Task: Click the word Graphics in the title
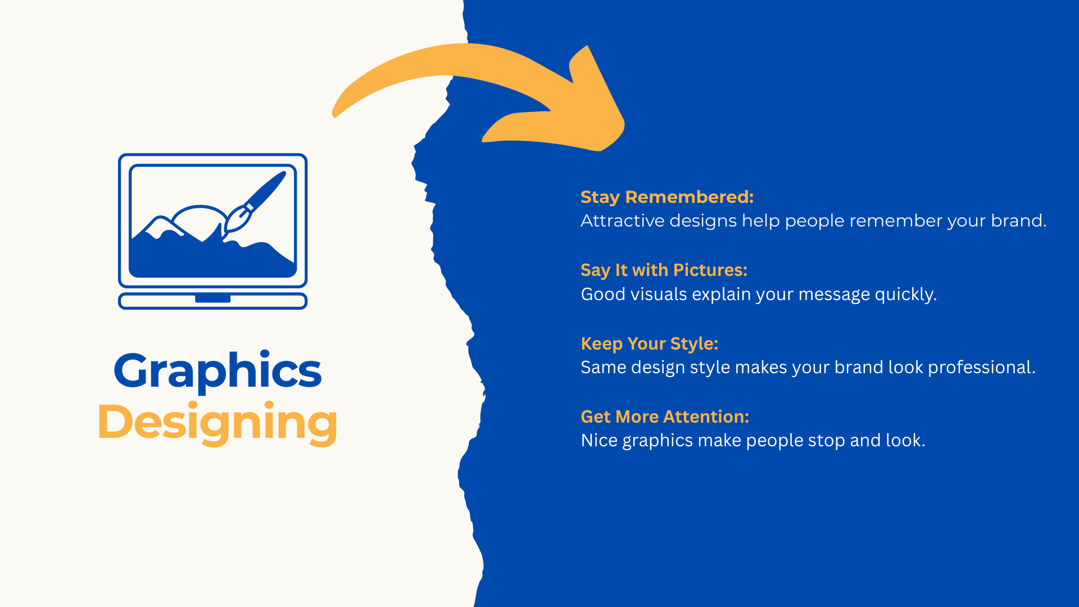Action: click(x=217, y=371)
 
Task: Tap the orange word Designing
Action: click(x=217, y=423)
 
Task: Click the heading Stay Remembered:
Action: click(x=667, y=197)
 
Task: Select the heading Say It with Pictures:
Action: click(x=664, y=270)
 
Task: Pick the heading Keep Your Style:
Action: click(x=649, y=343)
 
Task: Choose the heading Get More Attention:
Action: click(x=665, y=416)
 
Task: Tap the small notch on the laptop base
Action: click(x=212, y=298)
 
